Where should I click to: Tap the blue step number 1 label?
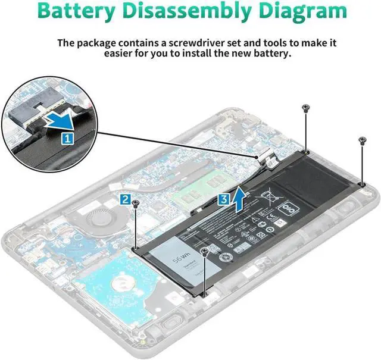click(67, 138)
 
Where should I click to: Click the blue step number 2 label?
click(125, 199)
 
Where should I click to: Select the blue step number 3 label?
click(222, 199)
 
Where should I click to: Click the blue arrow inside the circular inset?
click(60, 120)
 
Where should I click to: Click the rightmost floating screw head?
click(362, 140)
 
